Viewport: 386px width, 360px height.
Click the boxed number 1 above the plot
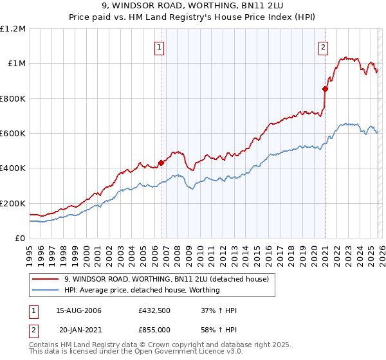(x=159, y=46)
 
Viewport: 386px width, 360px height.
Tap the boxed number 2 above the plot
(x=323, y=46)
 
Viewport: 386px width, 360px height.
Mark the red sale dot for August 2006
(x=161, y=163)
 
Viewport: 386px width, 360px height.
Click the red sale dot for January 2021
(x=325, y=89)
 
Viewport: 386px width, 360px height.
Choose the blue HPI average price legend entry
(x=142, y=290)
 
